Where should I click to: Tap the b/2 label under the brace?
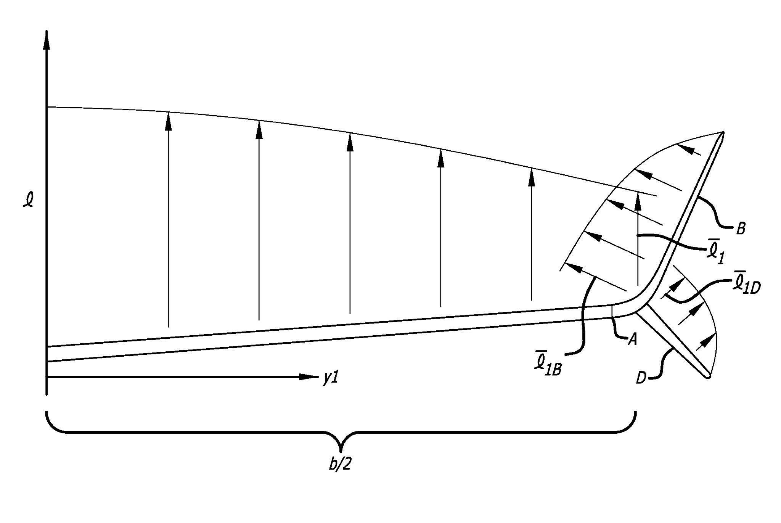coord(340,465)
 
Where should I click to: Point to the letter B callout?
coord(740,229)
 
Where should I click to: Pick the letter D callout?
coord(642,379)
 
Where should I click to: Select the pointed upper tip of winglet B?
coord(722,132)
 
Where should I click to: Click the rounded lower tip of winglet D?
coord(708,376)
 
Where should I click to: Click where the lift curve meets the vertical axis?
coord(47,107)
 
